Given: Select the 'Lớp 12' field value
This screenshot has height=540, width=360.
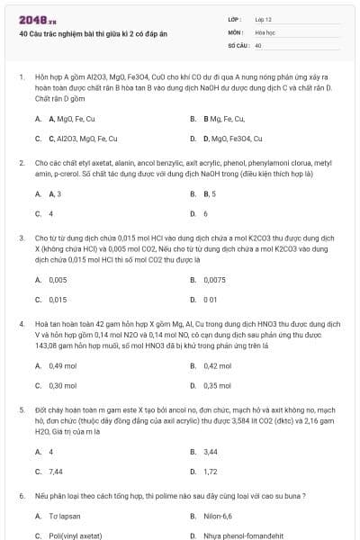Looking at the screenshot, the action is click(264, 18).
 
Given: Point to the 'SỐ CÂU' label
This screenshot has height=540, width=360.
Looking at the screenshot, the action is click(238, 44).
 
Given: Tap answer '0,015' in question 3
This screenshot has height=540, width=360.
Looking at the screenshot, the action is click(58, 299).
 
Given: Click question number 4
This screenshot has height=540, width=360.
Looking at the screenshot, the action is click(21, 321).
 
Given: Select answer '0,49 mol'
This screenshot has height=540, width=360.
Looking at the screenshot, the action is click(62, 365).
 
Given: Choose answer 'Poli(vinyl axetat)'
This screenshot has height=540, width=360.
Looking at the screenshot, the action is click(76, 535).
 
